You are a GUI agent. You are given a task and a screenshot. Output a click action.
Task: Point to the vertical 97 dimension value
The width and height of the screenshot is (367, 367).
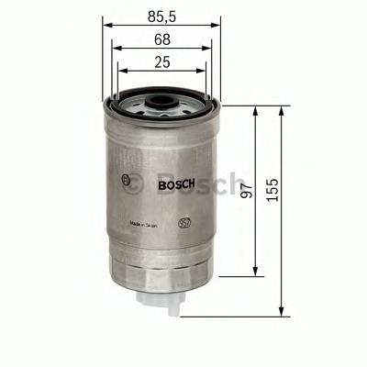243,191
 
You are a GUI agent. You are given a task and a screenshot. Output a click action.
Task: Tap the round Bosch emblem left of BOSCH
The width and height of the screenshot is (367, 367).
125,180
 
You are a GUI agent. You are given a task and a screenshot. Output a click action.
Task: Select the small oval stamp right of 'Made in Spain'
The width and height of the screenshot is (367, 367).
184,222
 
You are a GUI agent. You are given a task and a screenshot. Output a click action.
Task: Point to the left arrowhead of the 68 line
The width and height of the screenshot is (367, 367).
116,49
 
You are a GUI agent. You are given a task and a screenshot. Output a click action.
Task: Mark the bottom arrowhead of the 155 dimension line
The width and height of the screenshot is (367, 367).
281,312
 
